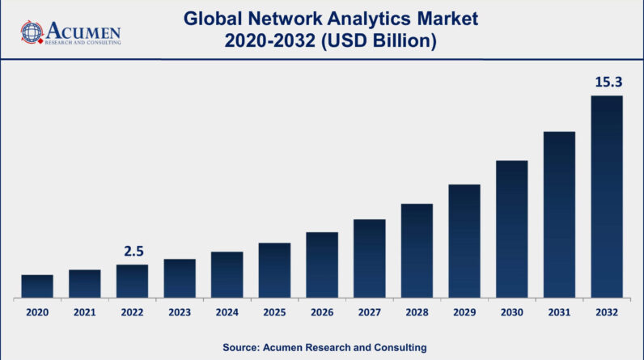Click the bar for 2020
pos(37,286)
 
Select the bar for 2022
pos(132,281)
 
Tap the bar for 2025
pos(274,270)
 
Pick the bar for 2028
pos(417,250)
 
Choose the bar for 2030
pos(511,228)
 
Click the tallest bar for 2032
pos(607,196)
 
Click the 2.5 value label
pos(133,252)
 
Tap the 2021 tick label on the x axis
pos(85,311)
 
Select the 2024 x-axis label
pos(227,311)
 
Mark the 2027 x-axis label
pos(369,311)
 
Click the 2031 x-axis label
pos(559,311)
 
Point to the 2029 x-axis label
pos(464,311)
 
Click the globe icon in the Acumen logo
pos(32,32)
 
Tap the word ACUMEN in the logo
pos(82,30)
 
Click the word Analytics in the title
pos(346,16)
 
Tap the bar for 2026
pos(322,265)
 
